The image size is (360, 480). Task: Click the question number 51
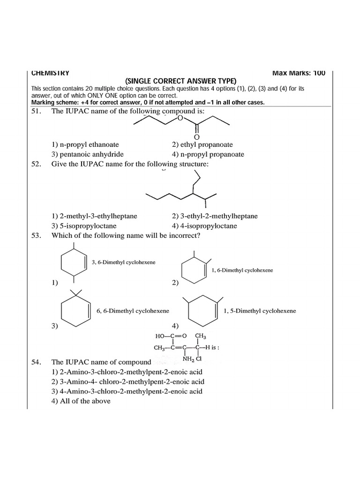coord(37,111)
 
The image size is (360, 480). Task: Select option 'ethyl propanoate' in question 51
coord(202,145)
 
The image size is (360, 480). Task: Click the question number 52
coord(37,165)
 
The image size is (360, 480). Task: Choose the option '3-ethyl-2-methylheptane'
coord(215,216)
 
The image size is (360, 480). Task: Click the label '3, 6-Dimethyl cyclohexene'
coord(124,262)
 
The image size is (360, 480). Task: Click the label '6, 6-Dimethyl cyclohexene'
coord(133,311)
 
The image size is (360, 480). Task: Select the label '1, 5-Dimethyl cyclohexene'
coord(260,311)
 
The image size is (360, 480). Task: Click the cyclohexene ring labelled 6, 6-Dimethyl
coord(75,310)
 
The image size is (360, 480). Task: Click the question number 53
coord(37,236)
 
